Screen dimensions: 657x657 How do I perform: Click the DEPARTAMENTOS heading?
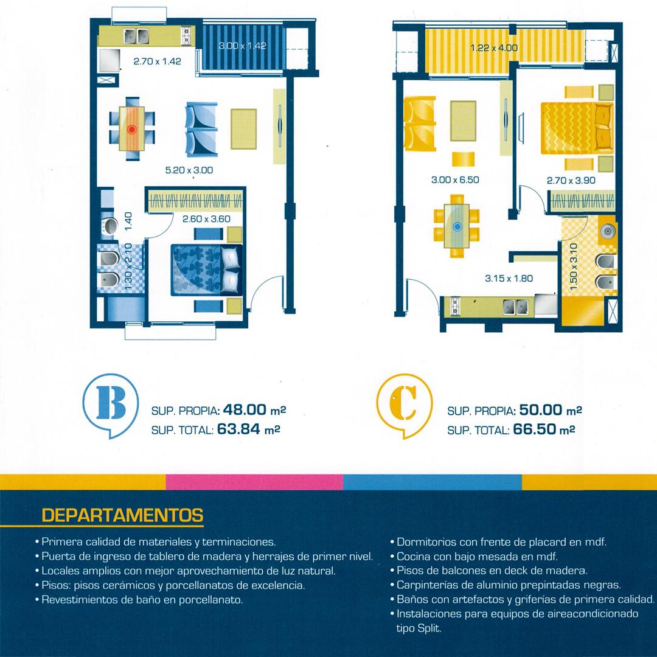point(123,515)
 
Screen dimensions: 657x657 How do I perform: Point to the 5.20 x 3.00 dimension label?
point(189,170)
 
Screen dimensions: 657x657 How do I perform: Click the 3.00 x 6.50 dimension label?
point(455,179)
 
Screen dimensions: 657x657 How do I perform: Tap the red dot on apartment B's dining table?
point(131,130)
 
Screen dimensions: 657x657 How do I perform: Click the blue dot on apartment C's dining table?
point(457,227)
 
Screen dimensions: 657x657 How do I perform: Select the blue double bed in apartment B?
point(207,270)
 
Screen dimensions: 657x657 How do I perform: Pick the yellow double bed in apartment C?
point(577,128)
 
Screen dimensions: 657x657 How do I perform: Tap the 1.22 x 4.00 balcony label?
point(494,48)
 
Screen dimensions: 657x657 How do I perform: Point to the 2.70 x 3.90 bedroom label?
point(571,181)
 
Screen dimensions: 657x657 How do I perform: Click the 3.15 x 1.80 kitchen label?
point(509,278)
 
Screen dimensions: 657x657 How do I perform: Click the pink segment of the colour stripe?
point(254,482)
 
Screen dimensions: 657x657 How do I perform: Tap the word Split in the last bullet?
point(429,628)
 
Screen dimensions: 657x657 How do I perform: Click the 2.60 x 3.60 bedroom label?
point(206,219)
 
